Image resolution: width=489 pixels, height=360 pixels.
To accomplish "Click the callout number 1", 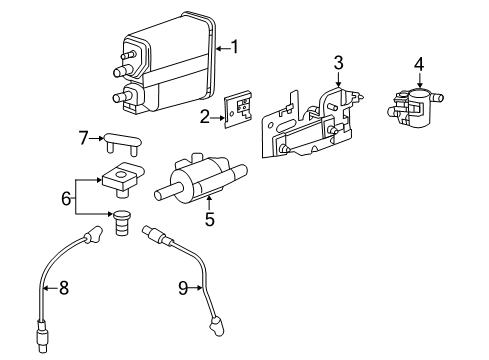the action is click(235, 47).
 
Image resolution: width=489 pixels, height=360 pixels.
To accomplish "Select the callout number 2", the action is click(205, 117).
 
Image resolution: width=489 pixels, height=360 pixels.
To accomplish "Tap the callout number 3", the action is click(338, 63).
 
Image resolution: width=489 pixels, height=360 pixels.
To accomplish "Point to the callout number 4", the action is click(419, 64).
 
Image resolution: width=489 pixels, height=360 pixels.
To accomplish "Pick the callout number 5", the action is click(210, 219).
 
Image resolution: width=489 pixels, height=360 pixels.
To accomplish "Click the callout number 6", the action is click(66, 198).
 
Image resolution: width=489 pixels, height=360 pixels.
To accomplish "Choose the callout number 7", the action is click(83, 138).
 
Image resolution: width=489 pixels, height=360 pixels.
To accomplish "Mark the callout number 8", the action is click(64, 288).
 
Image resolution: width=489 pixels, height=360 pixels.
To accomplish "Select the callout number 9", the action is click(183, 288).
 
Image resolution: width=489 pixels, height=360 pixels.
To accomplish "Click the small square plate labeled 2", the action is click(237, 109).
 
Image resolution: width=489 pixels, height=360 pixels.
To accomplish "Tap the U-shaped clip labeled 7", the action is click(123, 144).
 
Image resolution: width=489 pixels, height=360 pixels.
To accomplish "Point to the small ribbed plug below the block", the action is click(122, 222).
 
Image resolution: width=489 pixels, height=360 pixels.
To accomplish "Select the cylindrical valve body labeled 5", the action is click(201, 180).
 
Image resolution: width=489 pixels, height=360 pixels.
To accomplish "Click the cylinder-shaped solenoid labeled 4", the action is click(415, 108).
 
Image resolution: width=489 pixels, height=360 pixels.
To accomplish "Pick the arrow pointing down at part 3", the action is click(338, 79).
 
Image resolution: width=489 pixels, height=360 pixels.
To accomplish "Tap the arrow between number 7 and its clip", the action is click(97, 138).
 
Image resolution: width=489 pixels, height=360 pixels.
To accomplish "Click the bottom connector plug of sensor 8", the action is click(41, 336).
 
